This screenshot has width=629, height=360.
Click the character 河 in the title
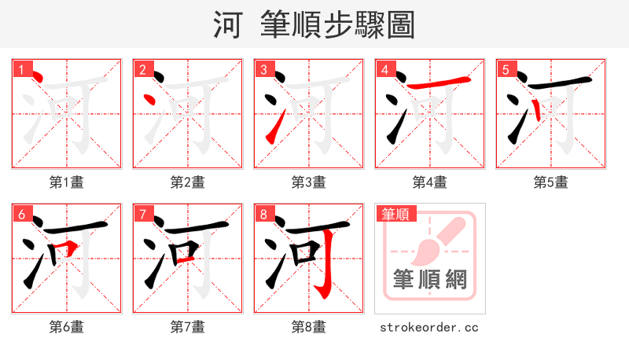[x=227, y=25]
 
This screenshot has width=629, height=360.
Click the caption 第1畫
[x=67, y=182]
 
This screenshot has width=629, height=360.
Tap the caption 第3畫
[x=309, y=182]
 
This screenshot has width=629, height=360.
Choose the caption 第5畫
[x=551, y=182]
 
